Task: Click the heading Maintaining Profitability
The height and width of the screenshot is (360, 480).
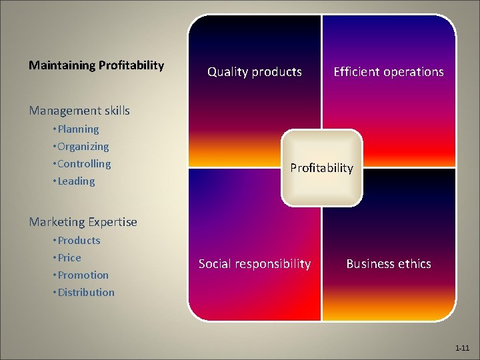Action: pyautogui.click(x=96, y=65)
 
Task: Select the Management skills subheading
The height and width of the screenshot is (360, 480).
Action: pyautogui.click(x=79, y=111)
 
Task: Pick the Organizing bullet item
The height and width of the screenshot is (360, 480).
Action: pyautogui.click(x=83, y=147)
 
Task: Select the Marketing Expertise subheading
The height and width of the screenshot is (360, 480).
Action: pyautogui.click(x=83, y=222)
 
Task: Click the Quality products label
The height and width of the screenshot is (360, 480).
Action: pyautogui.click(x=255, y=72)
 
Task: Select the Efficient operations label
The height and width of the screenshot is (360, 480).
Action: pyautogui.click(x=389, y=72)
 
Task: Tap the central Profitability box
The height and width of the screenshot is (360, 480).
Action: pyautogui.click(x=321, y=168)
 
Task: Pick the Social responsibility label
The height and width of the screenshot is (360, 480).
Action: pyautogui.click(x=255, y=264)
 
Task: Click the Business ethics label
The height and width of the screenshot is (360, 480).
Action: pyautogui.click(x=389, y=264)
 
